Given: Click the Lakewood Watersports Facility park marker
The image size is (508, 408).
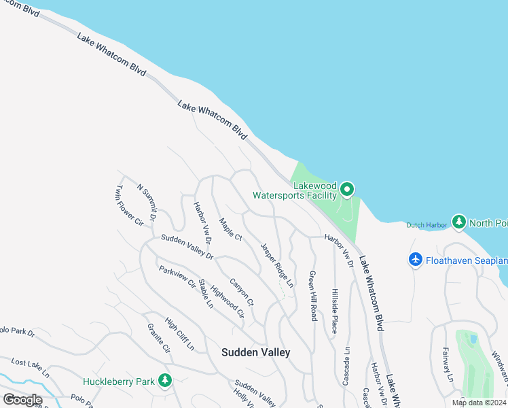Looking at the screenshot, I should pyautogui.click(x=347, y=190).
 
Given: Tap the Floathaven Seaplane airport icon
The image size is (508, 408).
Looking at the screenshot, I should pyautogui.click(x=416, y=260).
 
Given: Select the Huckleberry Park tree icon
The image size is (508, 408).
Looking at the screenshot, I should pyautogui.click(x=164, y=381).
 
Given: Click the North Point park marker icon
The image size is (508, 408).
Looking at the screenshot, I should pyautogui.click(x=459, y=223).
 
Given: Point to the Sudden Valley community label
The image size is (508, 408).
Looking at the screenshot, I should pyautogui.click(x=256, y=352).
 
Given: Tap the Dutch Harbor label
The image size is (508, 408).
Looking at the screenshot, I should pyautogui.click(x=427, y=225).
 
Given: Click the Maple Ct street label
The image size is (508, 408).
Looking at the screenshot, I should pyautogui.click(x=231, y=229).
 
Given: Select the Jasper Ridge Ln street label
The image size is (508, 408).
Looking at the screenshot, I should pyautogui.click(x=277, y=265).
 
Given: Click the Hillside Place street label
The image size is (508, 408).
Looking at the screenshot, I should pyautogui.click(x=334, y=310).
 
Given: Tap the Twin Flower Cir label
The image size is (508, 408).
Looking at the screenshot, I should pyautogui.click(x=130, y=205).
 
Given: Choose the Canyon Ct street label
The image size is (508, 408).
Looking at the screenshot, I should pyautogui.click(x=241, y=292).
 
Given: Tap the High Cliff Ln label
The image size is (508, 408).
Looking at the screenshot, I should pyautogui.click(x=179, y=335).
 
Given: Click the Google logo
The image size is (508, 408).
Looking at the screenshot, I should pyautogui.click(x=22, y=400).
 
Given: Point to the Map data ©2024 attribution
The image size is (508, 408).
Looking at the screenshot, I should pyautogui.click(x=478, y=403).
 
